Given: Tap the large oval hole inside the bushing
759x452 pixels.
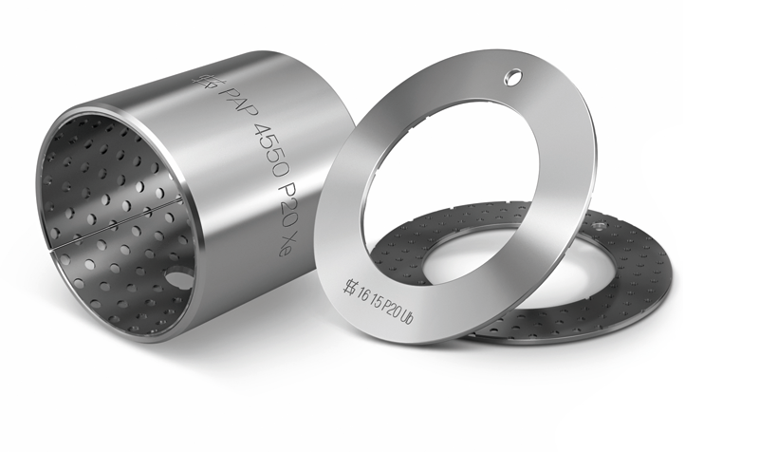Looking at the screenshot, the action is coord(176,278).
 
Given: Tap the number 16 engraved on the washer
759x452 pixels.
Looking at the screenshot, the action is coord(363,293).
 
